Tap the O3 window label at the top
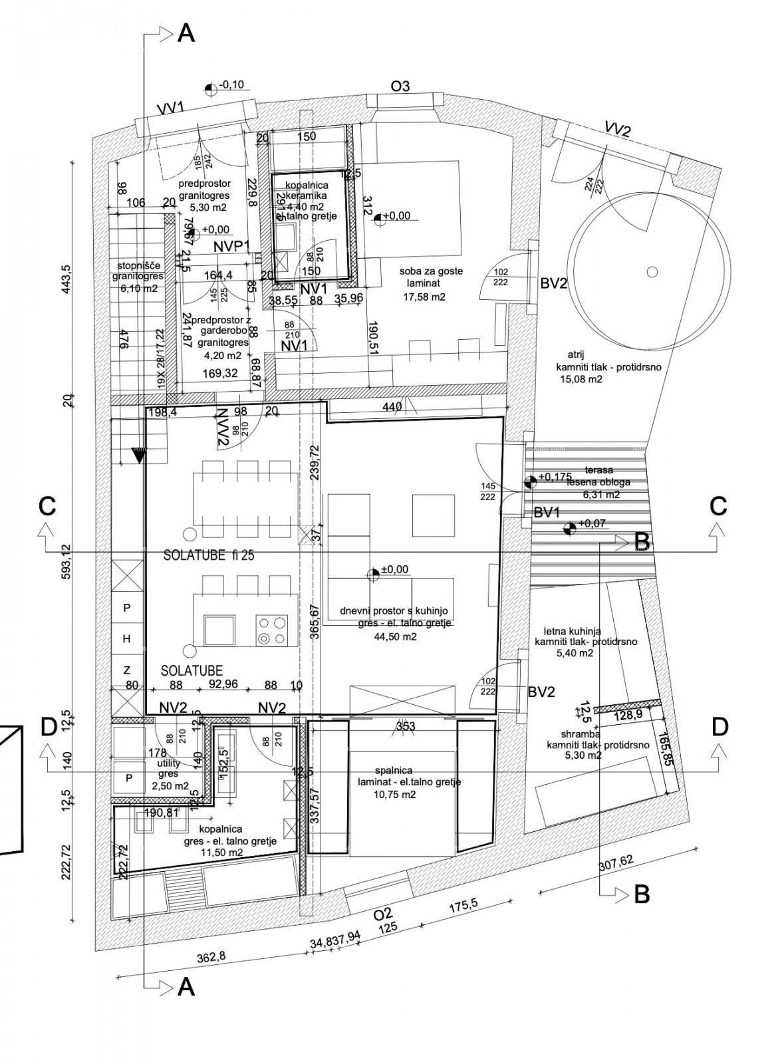(x=400, y=86)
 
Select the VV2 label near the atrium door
(x=617, y=129)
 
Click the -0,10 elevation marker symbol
(x=211, y=88)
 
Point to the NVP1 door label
(x=231, y=247)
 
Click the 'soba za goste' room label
(x=431, y=271)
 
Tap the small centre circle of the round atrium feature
(x=652, y=271)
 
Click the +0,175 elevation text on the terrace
(x=556, y=477)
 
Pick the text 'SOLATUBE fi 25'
(x=209, y=557)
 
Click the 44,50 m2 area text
(x=396, y=636)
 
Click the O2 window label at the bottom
(x=384, y=913)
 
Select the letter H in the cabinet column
(x=127, y=638)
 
